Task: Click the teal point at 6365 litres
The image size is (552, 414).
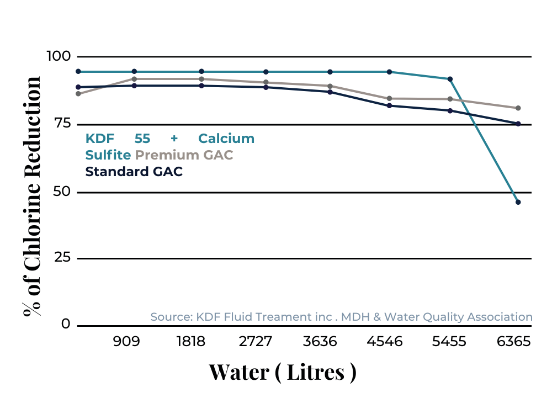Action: coord(518,202)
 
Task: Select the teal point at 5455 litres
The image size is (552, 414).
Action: coord(450,79)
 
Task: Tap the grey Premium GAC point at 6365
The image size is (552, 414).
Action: coord(518,108)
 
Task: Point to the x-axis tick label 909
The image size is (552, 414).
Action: coord(126,342)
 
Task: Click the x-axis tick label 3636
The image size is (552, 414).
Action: coord(320,342)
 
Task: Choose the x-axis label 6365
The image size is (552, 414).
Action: coord(513,342)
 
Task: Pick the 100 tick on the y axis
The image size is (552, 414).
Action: coord(59,56)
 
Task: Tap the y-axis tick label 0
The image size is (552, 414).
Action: coord(66,324)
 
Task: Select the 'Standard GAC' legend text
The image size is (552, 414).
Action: coord(134,172)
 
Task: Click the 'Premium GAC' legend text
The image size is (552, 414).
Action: coord(184,155)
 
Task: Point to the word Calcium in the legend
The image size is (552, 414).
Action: coord(226,139)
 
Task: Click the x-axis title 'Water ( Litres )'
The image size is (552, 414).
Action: coord(282,372)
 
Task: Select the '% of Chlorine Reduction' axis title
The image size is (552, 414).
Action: coord(33,196)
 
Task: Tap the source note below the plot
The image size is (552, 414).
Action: coord(341,317)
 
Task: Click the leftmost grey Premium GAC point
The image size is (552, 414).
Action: coord(78,94)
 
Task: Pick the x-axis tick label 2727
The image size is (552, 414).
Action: coord(256,342)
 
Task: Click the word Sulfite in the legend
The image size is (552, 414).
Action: coord(108,155)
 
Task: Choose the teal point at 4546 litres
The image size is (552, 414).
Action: coord(389,72)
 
